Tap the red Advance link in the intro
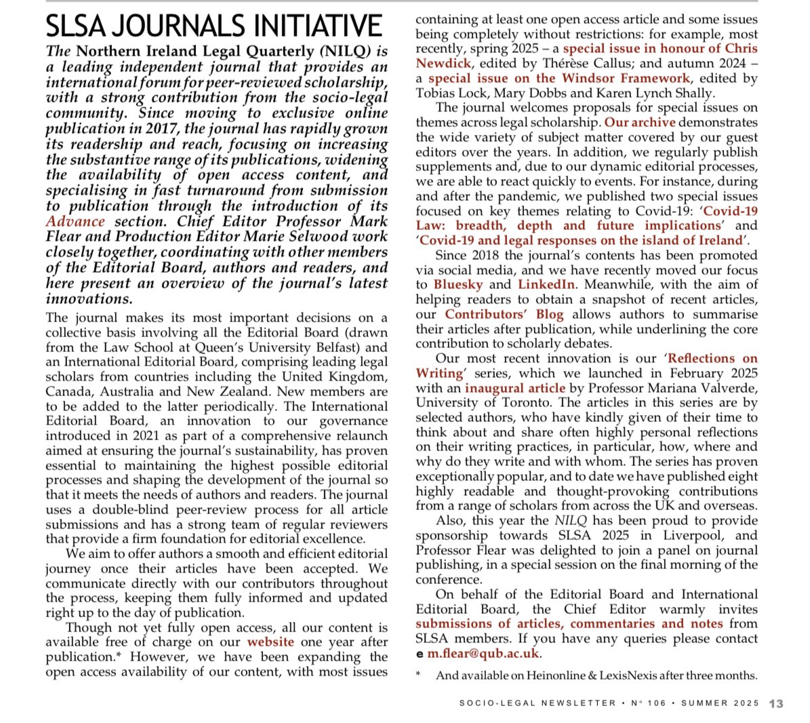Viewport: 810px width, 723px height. tap(75, 222)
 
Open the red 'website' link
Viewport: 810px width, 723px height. tap(270, 642)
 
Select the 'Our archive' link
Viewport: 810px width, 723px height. tap(640, 122)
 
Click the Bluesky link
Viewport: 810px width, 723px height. tap(458, 284)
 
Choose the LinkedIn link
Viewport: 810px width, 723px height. tap(546, 284)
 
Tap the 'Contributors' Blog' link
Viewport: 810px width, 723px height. tap(504, 314)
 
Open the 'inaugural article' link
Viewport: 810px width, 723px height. tap(514, 388)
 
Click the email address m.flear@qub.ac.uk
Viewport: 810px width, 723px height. tap(483, 654)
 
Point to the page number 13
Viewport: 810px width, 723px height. tap(776, 704)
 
